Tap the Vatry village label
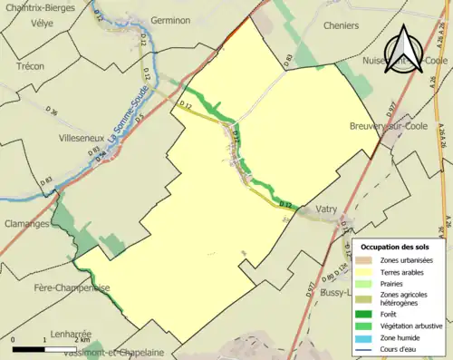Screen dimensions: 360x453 tap(326, 209)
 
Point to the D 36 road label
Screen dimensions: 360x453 tap(53, 112)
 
